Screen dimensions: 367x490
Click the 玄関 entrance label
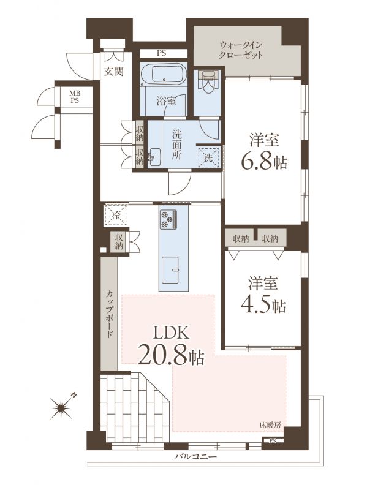(x=113, y=72)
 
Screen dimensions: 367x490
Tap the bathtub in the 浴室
(x=164, y=73)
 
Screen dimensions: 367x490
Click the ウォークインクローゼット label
(x=241, y=50)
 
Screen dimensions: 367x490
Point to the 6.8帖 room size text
(x=264, y=161)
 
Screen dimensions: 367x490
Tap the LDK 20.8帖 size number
(x=171, y=355)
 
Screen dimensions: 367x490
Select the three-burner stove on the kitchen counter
(x=168, y=219)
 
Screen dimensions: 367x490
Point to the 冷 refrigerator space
(x=116, y=215)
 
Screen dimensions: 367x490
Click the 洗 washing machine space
(x=209, y=157)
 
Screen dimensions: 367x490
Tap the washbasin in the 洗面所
(x=154, y=157)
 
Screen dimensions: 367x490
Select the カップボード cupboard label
(x=110, y=314)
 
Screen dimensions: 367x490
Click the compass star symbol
(x=60, y=407)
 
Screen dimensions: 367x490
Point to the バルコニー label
(x=196, y=456)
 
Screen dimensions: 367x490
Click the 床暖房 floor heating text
(x=271, y=424)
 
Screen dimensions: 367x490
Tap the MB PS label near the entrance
(x=74, y=97)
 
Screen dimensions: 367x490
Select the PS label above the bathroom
(x=161, y=53)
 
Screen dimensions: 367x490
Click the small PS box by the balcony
(x=273, y=441)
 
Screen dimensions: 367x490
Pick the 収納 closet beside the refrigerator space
(x=118, y=241)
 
